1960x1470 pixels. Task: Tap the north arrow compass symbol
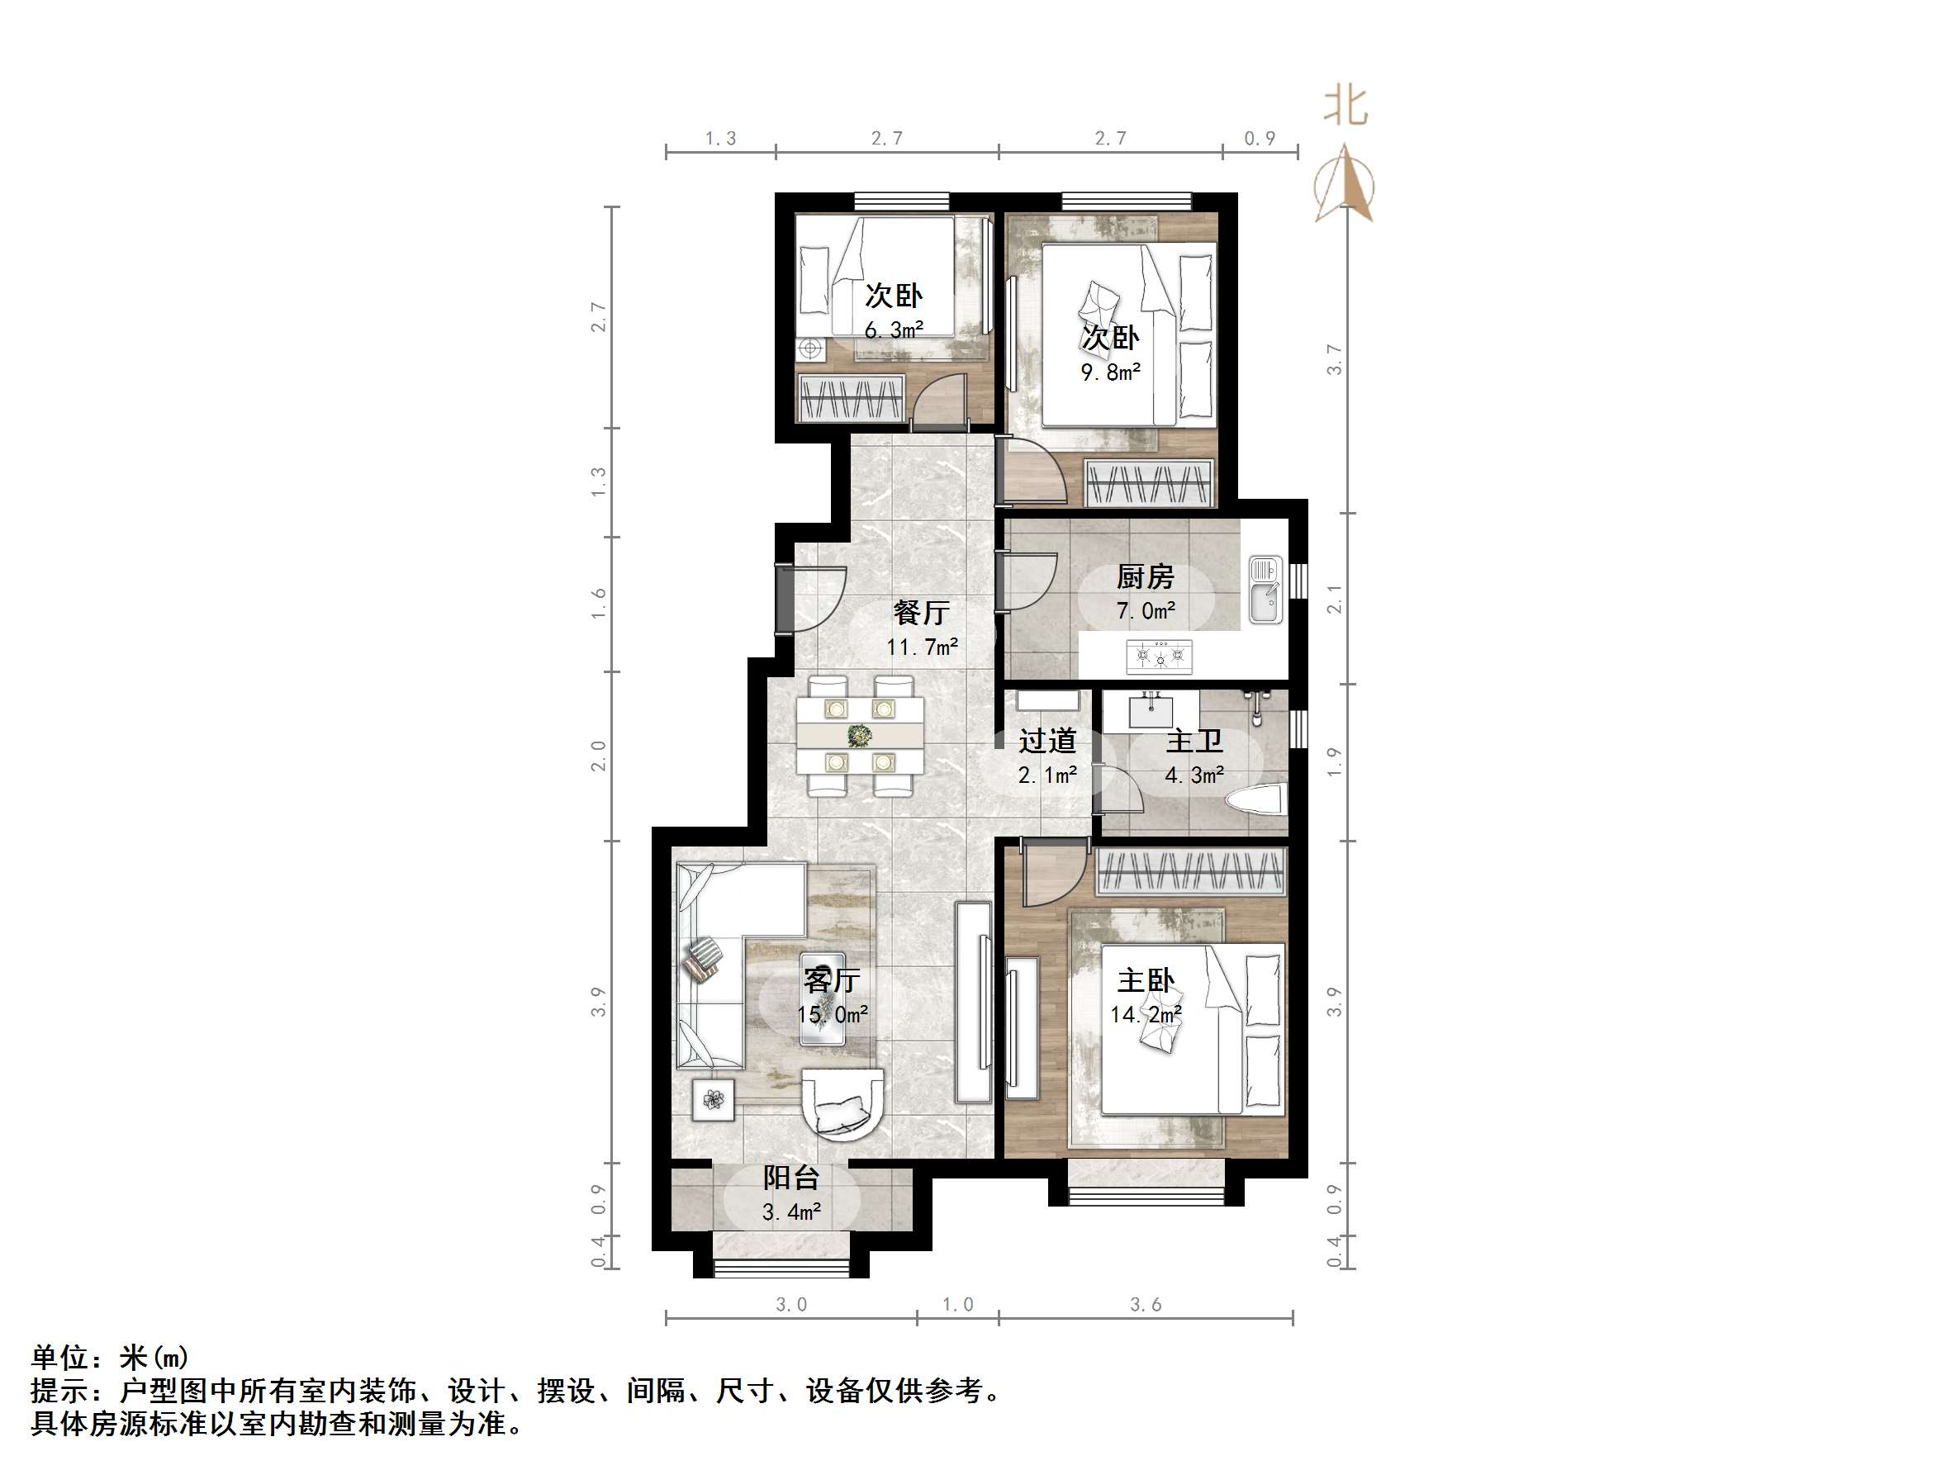[x=1345, y=184]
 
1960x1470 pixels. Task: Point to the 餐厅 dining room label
[x=922, y=612]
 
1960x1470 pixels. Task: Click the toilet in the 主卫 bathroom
[x=1256, y=800]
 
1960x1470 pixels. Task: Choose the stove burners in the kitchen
[x=1160, y=657]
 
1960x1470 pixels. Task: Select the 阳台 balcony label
[x=791, y=1178]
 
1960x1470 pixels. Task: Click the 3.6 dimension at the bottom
[x=1145, y=1305]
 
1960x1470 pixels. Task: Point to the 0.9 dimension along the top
[x=1259, y=139]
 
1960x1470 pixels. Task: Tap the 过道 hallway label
[x=1046, y=741]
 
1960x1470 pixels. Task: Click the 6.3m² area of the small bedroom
[x=893, y=330]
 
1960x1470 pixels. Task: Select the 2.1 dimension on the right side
[x=1335, y=599]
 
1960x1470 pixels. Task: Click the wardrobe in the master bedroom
[x=1190, y=872]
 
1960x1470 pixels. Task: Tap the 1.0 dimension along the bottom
[x=957, y=1305]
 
